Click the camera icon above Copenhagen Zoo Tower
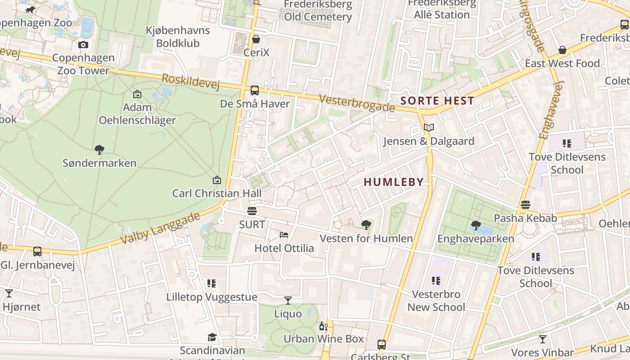click(83, 45)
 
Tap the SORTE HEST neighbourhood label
click(437, 101)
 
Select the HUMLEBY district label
click(394, 182)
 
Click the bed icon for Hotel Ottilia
click(284, 235)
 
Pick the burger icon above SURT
click(252, 211)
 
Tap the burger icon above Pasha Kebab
click(525, 205)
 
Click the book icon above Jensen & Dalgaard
click(429, 128)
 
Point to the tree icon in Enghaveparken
click(476, 225)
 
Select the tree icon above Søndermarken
click(99, 149)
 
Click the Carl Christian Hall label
click(216, 193)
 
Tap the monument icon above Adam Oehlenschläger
click(137, 94)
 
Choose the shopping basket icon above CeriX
click(256, 40)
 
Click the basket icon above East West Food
click(562, 50)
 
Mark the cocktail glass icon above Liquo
click(288, 300)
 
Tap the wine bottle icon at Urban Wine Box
click(323, 326)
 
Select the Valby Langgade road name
click(160, 229)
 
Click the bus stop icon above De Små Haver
click(255, 90)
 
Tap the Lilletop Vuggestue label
click(211, 297)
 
